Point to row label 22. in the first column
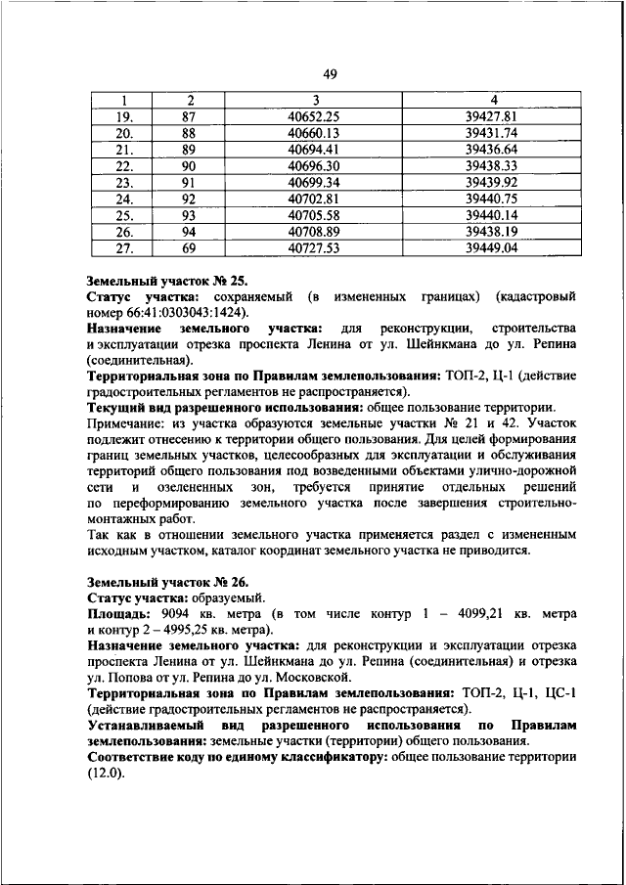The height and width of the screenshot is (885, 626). (x=125, y=166)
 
